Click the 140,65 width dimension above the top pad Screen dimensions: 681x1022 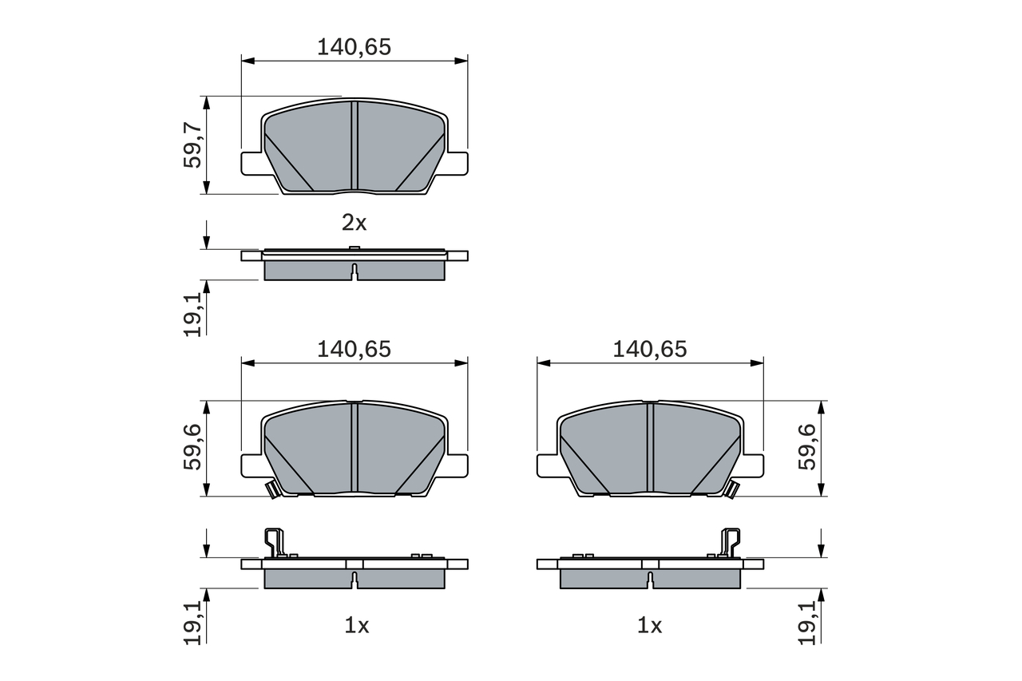pyautogui.click(x=354, y=47)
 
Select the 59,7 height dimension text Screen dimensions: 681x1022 pyautogui.click(x=192, y=145)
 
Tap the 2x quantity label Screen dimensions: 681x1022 pyautogui.click(x=354, y=223)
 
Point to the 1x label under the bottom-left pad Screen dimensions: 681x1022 pyautogui.click(x=356, y=626)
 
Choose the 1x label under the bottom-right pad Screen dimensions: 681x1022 pyautogui.click(x=650, y=626)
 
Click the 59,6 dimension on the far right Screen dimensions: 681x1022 pyautogui.click(x=809, y=447)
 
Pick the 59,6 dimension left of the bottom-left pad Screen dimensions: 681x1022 pyautogui.click(x=192, y=447)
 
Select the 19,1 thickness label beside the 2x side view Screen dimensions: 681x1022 pyautogui.click(x=192, y=314)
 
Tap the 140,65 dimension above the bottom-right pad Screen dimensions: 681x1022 pyautogui.click(x=649, y=349)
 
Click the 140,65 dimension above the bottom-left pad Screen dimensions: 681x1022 pyautogui.click(x=354, y=349)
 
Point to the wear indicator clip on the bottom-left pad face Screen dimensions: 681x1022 pyautogui.click(x=271, y=489)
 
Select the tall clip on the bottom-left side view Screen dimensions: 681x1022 pyautogui.click(x=274, y=542)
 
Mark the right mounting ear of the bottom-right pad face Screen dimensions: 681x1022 pyautogui.click(x=752, y=465)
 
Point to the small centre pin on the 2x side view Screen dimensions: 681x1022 pyautogui.click(x=354, y=248)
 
